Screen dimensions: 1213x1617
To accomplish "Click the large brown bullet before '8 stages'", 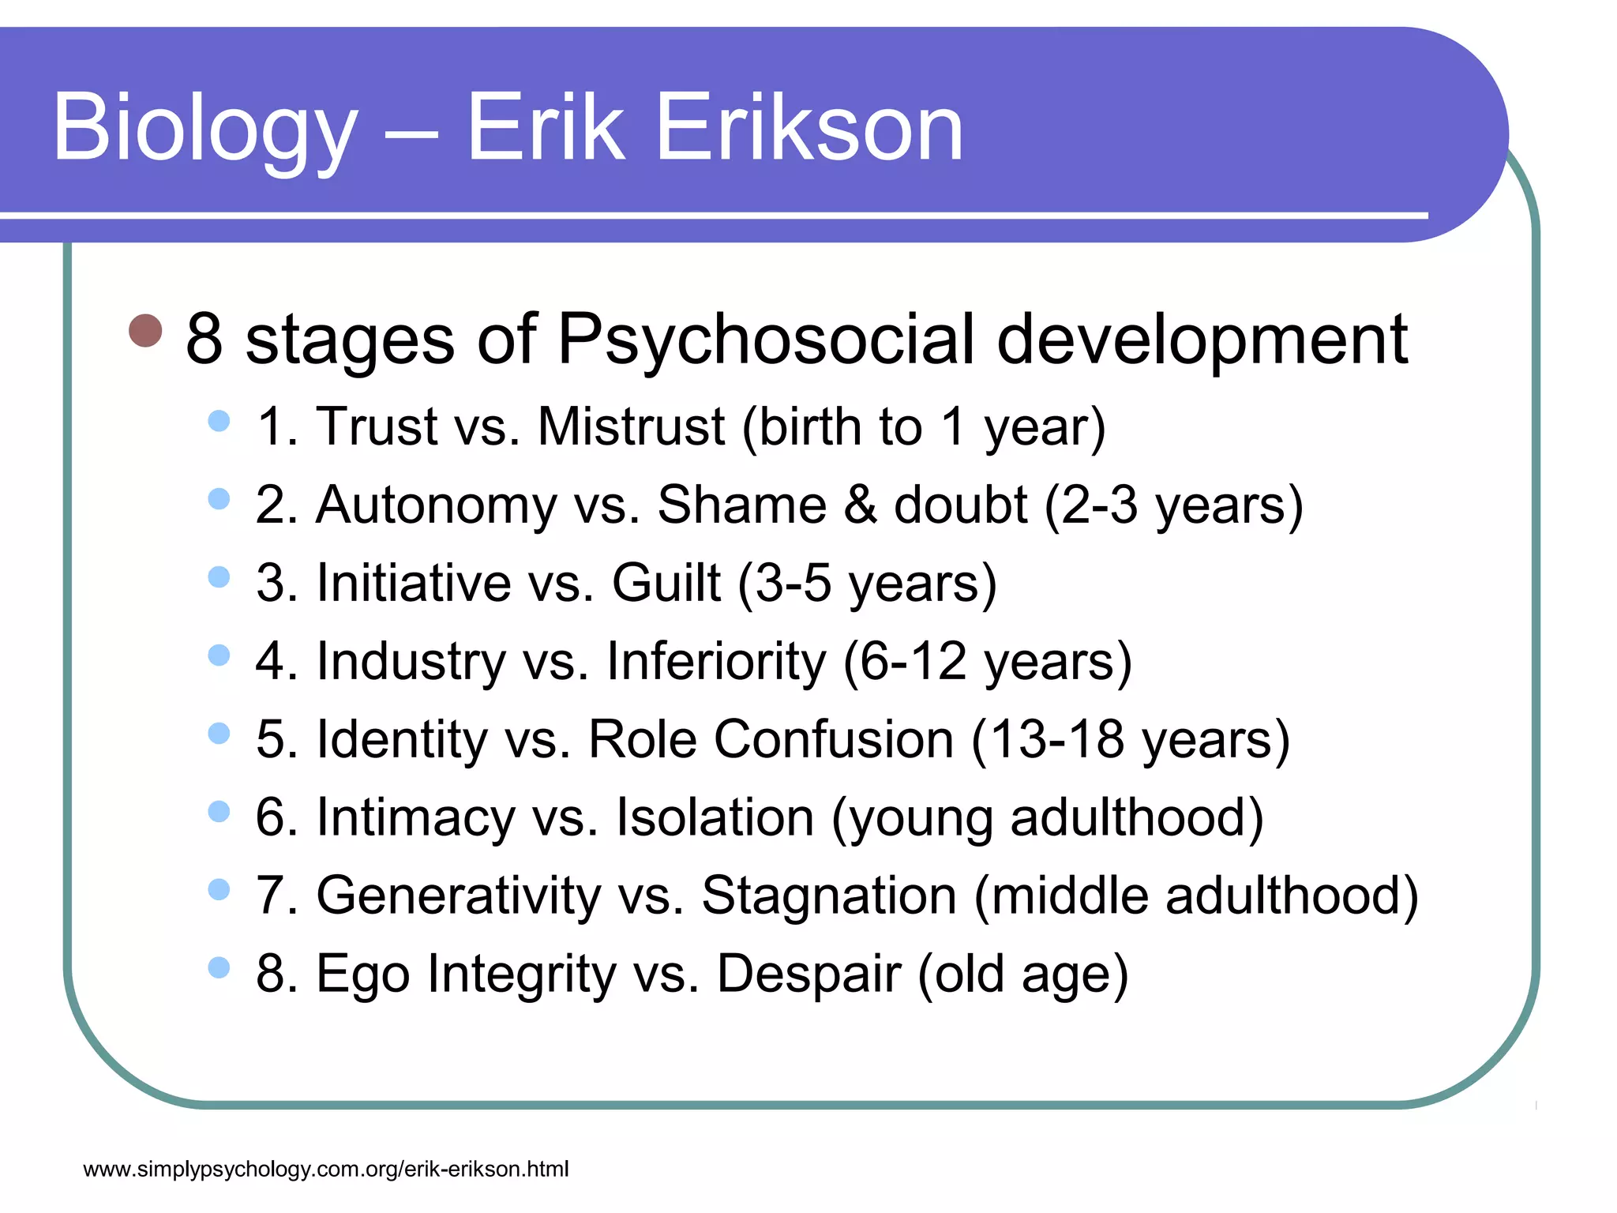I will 145,331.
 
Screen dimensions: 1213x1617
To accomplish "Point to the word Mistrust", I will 631,426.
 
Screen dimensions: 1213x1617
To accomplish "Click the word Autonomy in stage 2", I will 437,505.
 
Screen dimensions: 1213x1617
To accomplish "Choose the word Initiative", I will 414,583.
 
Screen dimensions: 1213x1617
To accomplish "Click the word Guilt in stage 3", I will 666,583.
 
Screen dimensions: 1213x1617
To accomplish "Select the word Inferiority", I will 716,660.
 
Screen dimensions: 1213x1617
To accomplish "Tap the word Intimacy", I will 416,817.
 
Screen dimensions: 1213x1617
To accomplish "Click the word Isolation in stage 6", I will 715,817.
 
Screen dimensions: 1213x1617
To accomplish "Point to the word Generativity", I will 459,896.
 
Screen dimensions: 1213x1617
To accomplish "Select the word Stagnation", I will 829,896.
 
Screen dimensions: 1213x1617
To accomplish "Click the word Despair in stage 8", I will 808,973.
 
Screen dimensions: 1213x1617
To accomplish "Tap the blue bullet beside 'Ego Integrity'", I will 219,967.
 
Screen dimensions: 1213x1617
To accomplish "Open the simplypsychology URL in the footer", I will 325,1169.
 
